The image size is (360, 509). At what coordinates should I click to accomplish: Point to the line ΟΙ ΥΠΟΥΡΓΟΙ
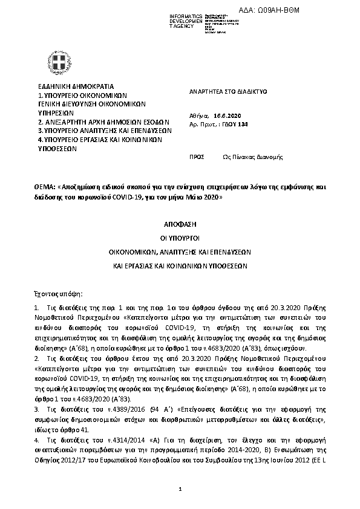tap(180, 238)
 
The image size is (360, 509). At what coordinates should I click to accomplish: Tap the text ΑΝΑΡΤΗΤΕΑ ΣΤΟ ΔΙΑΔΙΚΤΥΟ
tap(228, 91)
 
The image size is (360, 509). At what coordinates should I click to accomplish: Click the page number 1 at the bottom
tap(180, 488)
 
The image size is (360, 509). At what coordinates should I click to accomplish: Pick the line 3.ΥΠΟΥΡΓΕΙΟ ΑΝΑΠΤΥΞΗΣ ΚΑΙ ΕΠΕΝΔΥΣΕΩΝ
tap(105, 130)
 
